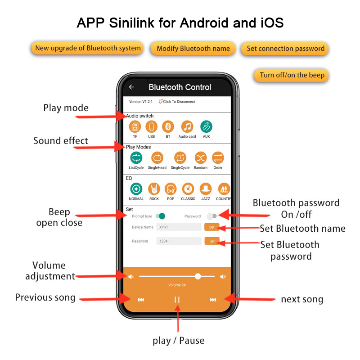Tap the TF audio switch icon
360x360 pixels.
pos(135,127)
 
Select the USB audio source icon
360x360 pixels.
pos(152,127)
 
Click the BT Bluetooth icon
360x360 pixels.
pos(168,127)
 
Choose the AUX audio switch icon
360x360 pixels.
pos(206,127)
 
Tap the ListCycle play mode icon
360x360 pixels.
pos(136,158)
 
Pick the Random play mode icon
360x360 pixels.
pos(201,158)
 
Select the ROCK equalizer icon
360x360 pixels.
pos(154,189)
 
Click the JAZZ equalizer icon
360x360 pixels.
pos(206,189)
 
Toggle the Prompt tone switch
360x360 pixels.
pos(160,216)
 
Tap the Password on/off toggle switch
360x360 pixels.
pos(210,216)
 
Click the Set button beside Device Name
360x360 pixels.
pos(211,227)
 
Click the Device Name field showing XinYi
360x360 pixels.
pos(179,227)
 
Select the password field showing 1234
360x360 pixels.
pos(179,241)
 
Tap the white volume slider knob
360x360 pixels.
pos(198,276)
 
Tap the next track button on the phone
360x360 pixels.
pos(213,300)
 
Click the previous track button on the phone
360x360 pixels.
pos(141,300)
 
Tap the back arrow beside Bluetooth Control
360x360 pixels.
pos(131,87)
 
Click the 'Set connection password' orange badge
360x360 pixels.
pos(285,49)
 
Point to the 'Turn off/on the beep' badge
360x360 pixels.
pos(292,75)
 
